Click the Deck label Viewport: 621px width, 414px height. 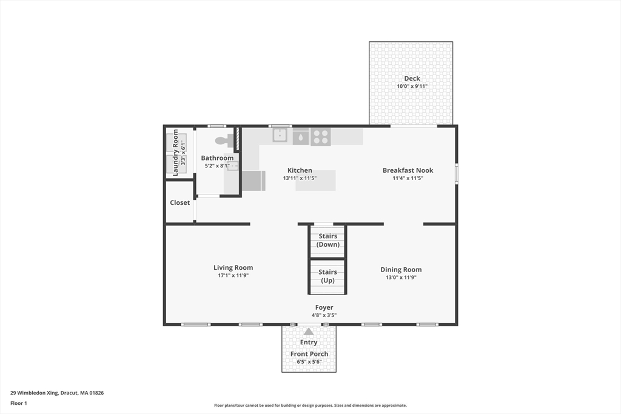pos(412,78)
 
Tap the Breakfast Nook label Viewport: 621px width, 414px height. pos(408,170)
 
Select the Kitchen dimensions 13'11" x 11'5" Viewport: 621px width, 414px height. pos(300,178)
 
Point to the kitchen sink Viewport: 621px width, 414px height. pos(280,135)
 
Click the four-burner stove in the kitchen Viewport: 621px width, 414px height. pos(320,136)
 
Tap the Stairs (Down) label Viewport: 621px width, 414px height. pos(328,240)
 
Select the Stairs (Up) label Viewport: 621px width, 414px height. pos(327,276)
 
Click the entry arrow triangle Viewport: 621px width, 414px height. pos(309,332)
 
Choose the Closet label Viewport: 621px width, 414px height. pos(180,202)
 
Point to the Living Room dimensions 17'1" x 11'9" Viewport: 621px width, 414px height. pos(233,275)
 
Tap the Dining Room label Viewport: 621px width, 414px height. pos(401,270)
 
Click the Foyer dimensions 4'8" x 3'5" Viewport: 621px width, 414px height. pos(324,315)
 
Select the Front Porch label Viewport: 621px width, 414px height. pos(309,354)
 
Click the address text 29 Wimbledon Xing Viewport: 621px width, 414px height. pos(34,393)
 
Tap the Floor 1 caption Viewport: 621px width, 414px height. pos(19,403)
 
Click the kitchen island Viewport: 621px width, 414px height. pos(315,181)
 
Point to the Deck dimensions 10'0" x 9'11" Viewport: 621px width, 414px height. pos(412,86)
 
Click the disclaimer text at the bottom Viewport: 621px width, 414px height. pos(310,406)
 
